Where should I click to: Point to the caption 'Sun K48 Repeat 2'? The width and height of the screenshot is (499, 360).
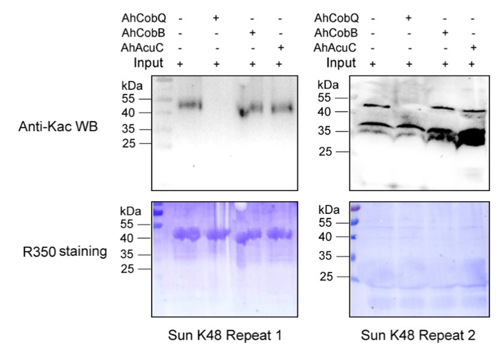click(x=418, y=336)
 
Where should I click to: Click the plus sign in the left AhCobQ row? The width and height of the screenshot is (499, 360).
click(x=216, y=18)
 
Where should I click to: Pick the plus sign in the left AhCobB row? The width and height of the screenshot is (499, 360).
click(x=253, y=33)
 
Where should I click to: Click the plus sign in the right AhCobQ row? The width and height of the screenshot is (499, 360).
click(x=410, y=18)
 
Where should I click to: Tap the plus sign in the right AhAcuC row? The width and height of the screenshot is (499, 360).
click(x=473, y=48)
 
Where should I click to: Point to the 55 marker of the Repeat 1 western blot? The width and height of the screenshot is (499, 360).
click(x=128, y=98)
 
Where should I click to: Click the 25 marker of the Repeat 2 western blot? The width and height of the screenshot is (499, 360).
click(x=326, y=152)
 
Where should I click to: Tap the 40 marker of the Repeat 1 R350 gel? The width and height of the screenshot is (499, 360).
click(x=128, y=238)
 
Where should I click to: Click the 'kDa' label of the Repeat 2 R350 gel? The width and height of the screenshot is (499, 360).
click(x=328, y=210)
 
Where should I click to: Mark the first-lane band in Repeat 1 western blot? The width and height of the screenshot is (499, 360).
click(x=190, y=105)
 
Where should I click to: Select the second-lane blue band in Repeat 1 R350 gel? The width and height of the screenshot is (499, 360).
click(x=218, y=235)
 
